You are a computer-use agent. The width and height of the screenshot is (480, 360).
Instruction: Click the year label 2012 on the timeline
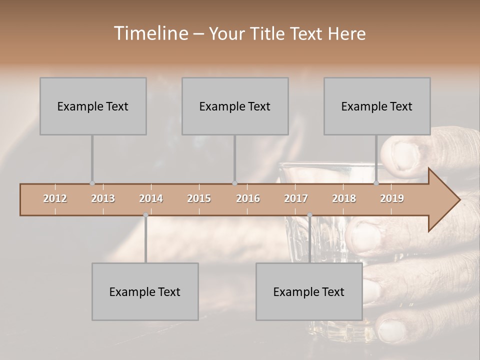55,198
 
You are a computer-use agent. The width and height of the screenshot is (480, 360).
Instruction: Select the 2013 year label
103,198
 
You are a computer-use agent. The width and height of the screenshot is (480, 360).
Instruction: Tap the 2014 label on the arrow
151,198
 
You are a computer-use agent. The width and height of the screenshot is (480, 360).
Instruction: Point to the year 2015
199,198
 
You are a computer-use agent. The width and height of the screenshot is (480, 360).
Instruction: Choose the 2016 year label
248,198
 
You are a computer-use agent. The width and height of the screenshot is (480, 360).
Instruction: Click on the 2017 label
296,198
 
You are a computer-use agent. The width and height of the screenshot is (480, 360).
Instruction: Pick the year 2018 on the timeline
344,198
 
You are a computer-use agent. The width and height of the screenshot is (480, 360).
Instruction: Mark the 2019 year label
392,198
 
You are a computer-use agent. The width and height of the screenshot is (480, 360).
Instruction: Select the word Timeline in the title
150,33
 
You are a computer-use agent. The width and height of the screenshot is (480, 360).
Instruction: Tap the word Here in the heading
347,34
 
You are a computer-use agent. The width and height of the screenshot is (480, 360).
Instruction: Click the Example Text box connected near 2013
93,106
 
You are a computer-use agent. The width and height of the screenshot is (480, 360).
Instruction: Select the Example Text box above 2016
235,106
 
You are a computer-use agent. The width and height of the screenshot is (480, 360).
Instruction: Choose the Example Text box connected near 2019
377,106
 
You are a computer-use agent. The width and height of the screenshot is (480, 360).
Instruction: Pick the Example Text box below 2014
145,291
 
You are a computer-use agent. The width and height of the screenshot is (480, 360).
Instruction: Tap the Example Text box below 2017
309,291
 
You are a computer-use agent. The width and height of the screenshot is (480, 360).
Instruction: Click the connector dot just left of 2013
92,183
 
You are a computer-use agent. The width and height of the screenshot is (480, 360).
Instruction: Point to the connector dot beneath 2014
145,215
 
